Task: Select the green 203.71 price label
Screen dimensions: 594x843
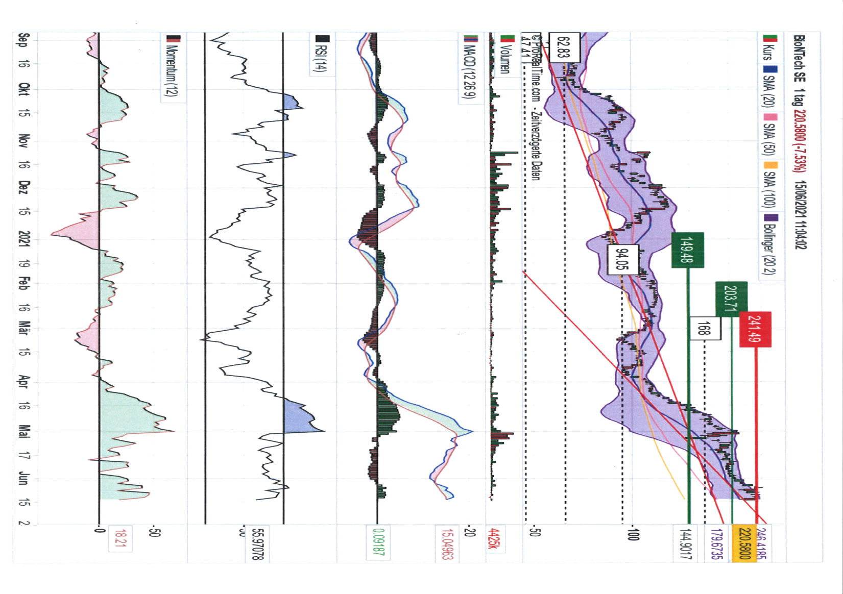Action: (x=731, y=299)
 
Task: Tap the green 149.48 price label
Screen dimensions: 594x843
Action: (x=687, y=250)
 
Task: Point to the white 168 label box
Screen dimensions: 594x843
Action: (x=705, y=329)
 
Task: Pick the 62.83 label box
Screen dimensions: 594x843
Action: (x=564, y=46)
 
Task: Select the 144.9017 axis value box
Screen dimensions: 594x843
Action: (x=686, y=544)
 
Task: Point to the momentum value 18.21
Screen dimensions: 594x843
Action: (x=120, y=538)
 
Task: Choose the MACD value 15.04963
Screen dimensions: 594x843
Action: (x=446, y=544)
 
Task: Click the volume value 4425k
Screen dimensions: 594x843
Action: (x=493, y=538)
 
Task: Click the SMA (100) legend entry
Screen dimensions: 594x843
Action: (x=769, y=189)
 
